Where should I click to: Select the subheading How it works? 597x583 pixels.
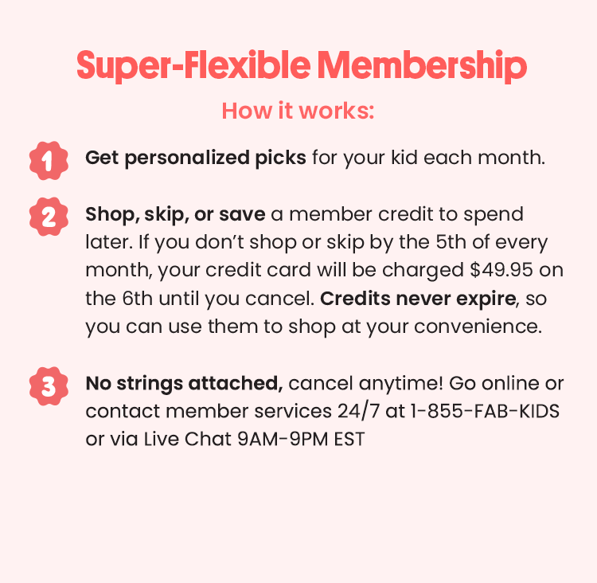tap(298, 110)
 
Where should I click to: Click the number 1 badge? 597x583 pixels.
tap(47, 160)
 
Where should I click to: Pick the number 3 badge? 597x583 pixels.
tap(47, 386)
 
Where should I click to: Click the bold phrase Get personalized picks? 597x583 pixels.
tap(196, 157)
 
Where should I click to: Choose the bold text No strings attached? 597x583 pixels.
tap(184, 383)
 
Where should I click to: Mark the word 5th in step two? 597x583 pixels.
tap(455, 242)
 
